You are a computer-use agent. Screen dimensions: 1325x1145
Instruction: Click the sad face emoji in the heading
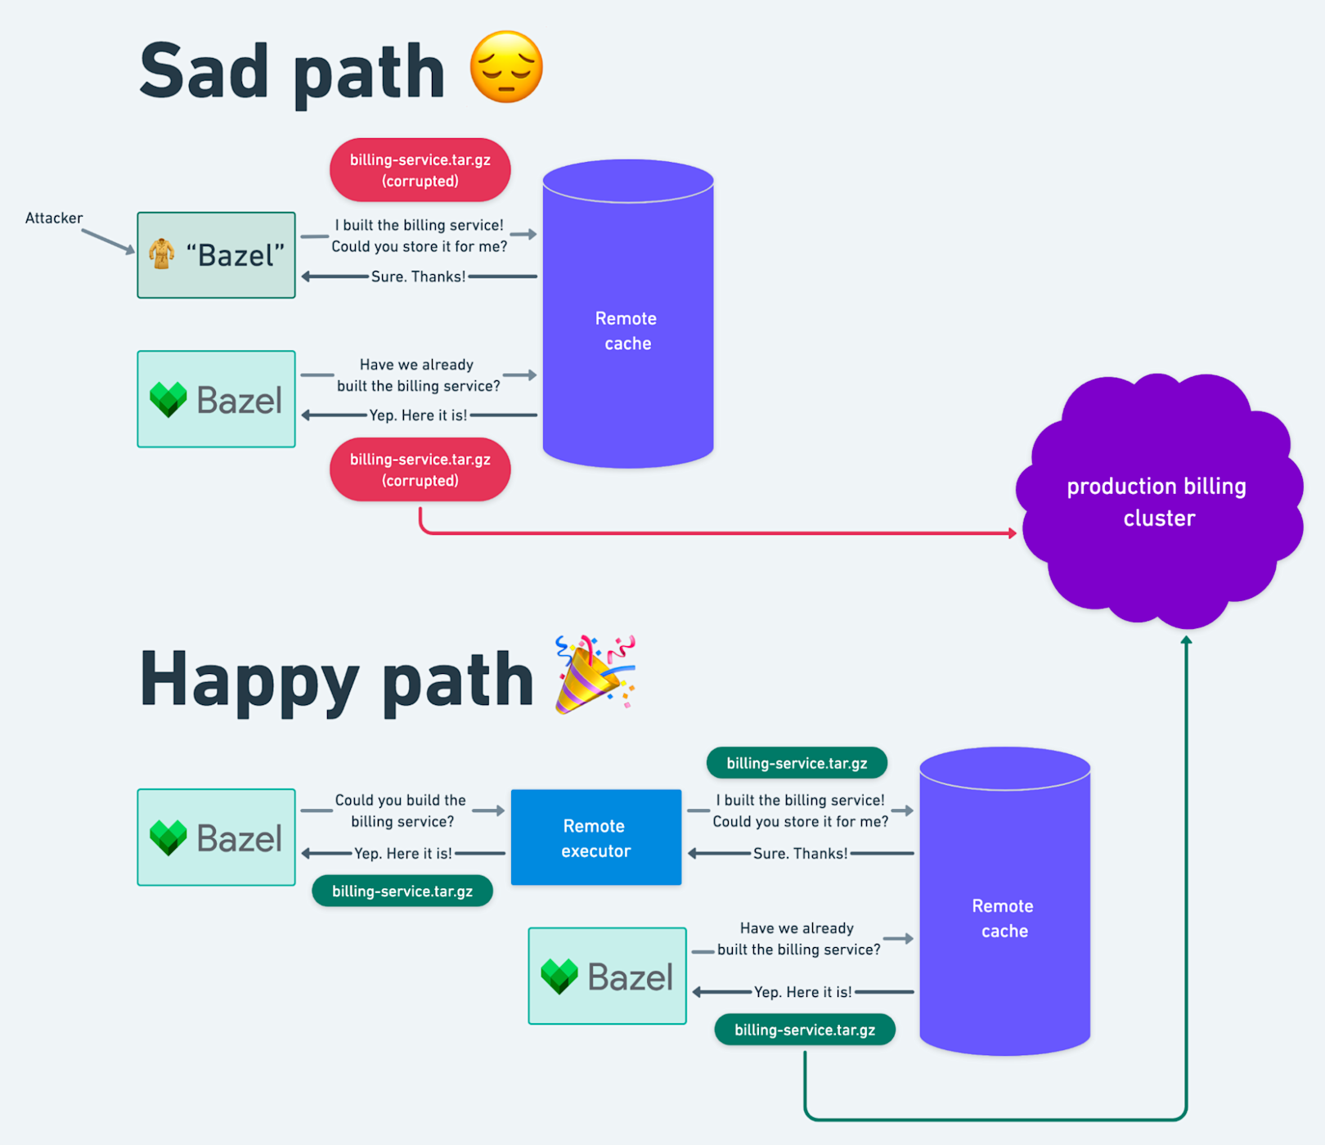(506, 67)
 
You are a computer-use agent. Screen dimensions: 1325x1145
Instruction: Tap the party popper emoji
(595, 675)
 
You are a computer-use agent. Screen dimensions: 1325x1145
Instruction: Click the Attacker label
(54, 218)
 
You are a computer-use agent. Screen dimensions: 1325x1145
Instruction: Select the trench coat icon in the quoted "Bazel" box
(162, 254)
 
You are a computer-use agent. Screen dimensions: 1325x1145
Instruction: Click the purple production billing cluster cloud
(1159, 501)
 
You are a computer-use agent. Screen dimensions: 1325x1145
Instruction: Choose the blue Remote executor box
(596, 837)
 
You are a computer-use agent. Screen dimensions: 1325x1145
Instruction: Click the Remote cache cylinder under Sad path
(628, 313)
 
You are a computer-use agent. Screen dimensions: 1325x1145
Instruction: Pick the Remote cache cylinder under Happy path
(1005, 900)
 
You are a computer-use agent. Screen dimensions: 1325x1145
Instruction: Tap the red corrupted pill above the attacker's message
(420, 170)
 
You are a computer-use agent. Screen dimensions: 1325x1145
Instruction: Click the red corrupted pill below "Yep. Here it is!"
(420, 469)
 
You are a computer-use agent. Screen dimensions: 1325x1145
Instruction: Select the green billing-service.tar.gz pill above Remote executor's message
(797, 763)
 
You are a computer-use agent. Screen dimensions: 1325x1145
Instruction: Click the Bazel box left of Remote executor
(216, 837)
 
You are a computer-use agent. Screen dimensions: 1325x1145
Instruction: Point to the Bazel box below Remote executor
(607, 976)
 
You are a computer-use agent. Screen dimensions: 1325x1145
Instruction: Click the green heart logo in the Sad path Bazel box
(168, 400)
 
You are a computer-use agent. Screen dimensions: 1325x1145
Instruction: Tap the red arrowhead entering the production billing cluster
(1013, 533)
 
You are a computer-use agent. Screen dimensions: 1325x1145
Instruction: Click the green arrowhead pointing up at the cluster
(1186, 640)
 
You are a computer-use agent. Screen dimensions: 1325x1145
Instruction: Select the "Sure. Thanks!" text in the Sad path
(418, 276)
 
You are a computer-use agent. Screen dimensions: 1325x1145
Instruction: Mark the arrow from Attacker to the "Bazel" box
(109, 241)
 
